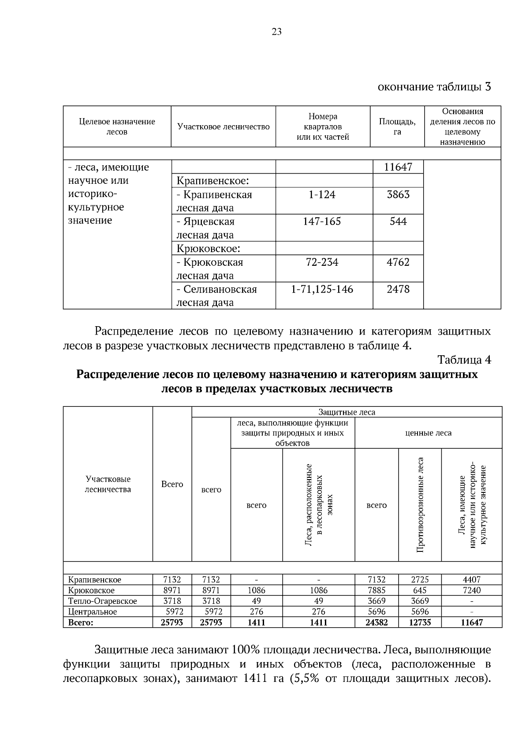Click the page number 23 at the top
click(x=277, y=32)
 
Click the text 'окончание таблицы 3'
click(x=434, y=86)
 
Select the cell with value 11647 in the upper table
click(x=398, y=167)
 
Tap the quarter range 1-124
click(x=322, y=194)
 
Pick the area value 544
click(x=398, y=221)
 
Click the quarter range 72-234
click(x=322, y=262)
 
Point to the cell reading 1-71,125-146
click(x=322, y=289)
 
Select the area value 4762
click(x=398, y=262)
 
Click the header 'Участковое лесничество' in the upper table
click(x=223, y=127)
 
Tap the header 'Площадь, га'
click(x=397, y=127)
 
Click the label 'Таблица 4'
click(x=464, y=360)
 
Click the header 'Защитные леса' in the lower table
click(x=346, y=412)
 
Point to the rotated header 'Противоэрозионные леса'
click(x=420, y=505)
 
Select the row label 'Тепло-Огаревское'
click(x=102, y=601)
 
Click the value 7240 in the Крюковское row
click(x=472, y=590)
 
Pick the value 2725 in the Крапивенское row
click(x=419, y=580)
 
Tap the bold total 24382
click(x=376, y=622)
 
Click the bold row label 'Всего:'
click(x=81, y=622)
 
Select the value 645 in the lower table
click(x=419, y=590)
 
